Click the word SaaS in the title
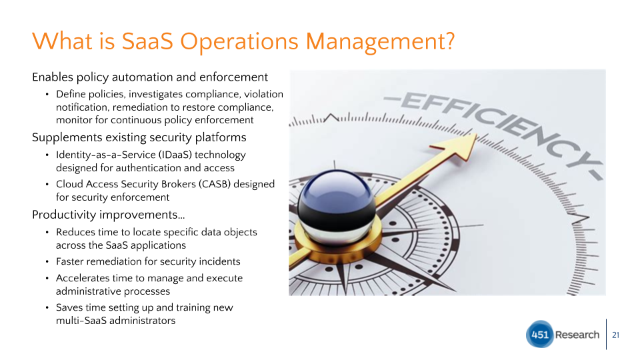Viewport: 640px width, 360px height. (147, 41)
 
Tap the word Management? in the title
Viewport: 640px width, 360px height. (380, 42)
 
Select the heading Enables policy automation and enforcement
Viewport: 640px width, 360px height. (150, 77)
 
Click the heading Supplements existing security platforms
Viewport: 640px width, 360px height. (139, 137)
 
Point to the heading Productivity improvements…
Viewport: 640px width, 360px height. (108, 215)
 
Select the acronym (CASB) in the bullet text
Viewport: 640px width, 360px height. (215, 184)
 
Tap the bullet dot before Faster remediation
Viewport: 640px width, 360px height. (47, 261)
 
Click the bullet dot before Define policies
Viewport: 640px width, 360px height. (47, 94)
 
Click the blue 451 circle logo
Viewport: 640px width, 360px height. (539, 334)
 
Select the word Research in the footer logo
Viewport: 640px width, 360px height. (577, 335)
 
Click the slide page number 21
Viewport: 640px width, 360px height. (616, 335)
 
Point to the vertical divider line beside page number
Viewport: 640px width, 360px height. (606, 334)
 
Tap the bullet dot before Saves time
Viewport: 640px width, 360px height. (47, 308)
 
